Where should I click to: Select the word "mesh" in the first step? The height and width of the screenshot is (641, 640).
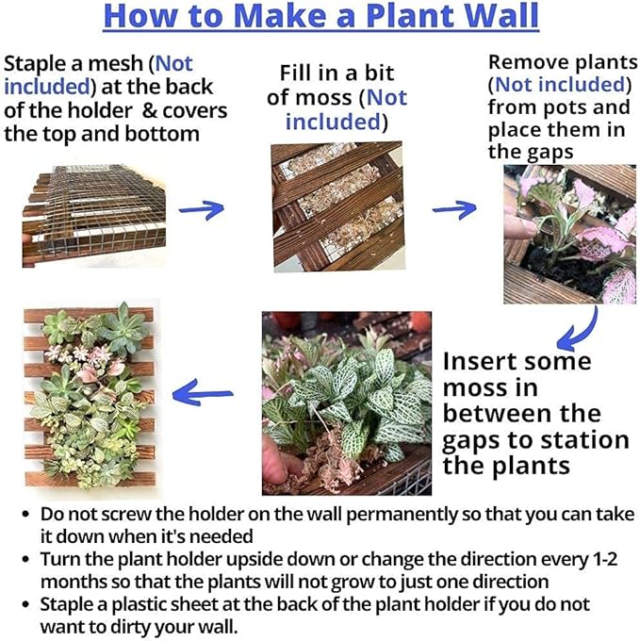click(x=120, y=64)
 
